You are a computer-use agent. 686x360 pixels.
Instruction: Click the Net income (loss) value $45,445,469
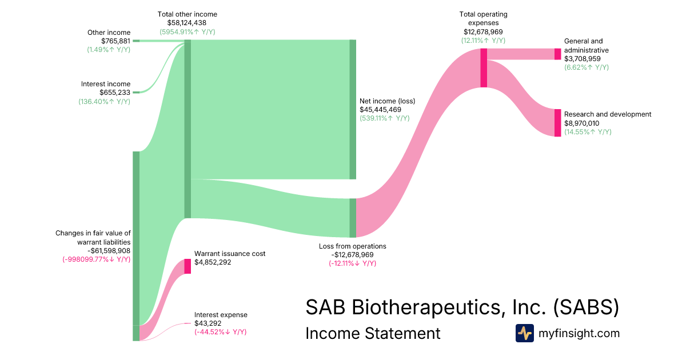point(380,110)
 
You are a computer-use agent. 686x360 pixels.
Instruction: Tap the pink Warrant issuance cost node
point(188,266)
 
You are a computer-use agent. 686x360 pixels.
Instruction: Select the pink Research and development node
point(558,123)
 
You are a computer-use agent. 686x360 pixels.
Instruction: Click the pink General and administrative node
point(558,54)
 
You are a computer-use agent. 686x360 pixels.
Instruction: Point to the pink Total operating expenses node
point(484,68)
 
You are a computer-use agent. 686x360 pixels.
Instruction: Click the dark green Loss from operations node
point(353,218)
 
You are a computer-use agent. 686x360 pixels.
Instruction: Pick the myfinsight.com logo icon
point(525,333)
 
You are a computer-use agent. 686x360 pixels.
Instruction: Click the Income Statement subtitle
point(373,333)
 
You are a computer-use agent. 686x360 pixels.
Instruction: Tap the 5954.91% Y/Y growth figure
point(188,32)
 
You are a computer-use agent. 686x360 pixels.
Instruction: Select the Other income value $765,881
point(115,41)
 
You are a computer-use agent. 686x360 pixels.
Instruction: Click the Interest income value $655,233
point(115,93)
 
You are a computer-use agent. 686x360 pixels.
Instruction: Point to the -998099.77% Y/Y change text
point(97,259)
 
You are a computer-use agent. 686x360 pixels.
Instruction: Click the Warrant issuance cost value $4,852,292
point(213,262)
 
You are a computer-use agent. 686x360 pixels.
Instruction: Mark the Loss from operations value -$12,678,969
point(353,255)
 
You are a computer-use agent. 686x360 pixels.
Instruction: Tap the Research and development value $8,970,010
point(582,123)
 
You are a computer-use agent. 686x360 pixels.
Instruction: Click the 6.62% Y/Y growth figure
point(587,67)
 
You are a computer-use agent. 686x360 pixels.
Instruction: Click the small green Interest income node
point(136,92)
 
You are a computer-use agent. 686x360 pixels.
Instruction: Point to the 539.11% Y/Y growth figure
point(385,118)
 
